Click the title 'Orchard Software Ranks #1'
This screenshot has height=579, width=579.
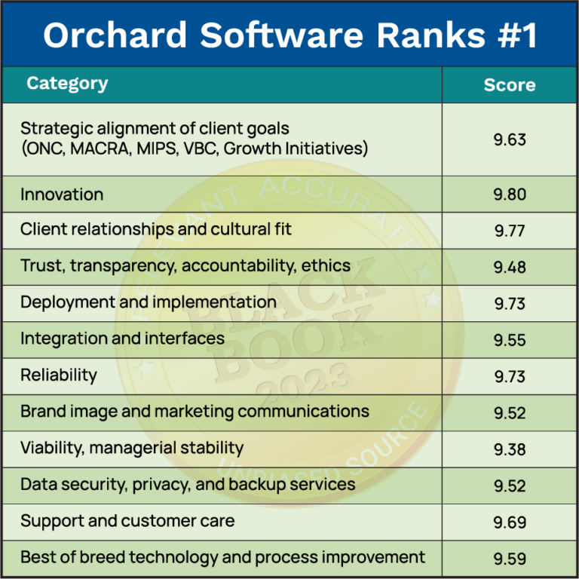(289, 35)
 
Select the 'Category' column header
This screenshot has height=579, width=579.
(67, 84)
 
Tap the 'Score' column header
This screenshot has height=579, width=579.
(510, 85)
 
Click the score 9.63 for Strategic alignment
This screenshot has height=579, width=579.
(510, 139)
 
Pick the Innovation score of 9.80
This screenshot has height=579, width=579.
(510, 195)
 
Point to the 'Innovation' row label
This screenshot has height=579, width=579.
(62, 195)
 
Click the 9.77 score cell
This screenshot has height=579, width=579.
(510, 231)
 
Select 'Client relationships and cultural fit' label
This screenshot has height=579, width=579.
(156, 229)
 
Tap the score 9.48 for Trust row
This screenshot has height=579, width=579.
(510, 267)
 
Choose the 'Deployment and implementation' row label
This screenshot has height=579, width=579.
(148, 302)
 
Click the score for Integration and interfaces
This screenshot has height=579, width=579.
(510, 340)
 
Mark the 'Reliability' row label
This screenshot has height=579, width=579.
(59, 375)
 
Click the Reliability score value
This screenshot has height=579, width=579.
(510, 376)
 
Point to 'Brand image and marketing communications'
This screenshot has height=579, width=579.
(195, 411)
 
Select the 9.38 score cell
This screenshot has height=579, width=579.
(510, 449)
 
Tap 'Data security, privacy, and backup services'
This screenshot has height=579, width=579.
(188, 484)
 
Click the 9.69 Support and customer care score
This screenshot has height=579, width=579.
(510, 522)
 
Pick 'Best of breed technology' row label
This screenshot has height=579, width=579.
(222, 557)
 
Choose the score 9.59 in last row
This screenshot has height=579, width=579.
(510, 559)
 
